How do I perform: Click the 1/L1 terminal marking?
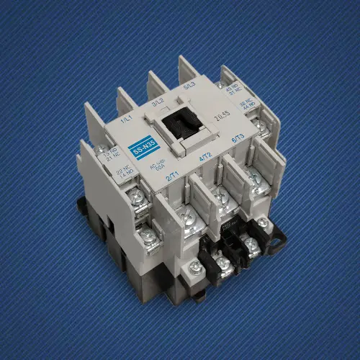pos(127,117)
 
